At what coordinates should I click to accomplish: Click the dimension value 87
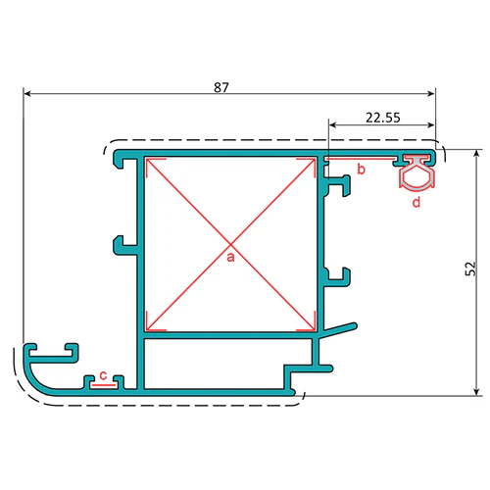(x=221, y=87)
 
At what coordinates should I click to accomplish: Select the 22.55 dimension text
(x=383, y=118)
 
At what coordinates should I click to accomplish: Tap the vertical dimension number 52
(x=470, y=269)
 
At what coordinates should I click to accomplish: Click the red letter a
(x=230, y=257)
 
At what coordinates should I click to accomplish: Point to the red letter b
(x=361, y=170)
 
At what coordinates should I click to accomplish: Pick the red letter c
(x=103, y=375)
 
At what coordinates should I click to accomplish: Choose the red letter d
(x=416, y=202)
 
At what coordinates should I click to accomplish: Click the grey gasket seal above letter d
(x=417, y=172)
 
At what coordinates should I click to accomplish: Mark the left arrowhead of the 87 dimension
(x=27, y=94)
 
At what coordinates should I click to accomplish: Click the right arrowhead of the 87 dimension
(x=431, y=94)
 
